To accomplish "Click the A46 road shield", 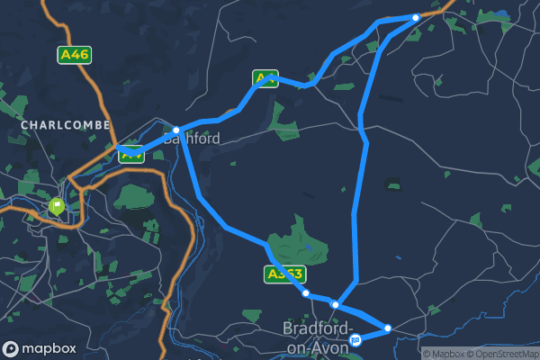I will pyautogui.click(x=74, y=55).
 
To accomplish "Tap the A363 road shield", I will pyautogui.click(x=285, y=274).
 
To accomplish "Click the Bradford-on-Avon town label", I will pyautogui.click(x=315, y=337).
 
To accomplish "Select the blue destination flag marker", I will pyautogui.click(x=357, y=339).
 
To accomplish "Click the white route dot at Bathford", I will pyautogui.click(x=176, y=130).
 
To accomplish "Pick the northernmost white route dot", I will pyautogui.click(x=416, y=18).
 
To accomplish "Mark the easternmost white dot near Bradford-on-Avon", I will pyautogui.click(x=389, y=328).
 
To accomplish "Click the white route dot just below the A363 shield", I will pyautogui.click(x=306, y=293).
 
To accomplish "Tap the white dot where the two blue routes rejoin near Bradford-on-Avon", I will pyautogui.click(x=335, y=305).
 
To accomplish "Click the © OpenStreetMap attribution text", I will pyautogui.click(x=502, y=354).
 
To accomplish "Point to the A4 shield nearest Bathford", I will pyautogui.click(x=131, y=155).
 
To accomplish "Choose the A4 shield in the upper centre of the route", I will pyautogui.click(x=265, y=79).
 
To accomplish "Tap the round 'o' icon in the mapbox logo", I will pyautogui.click(x=12, y=348).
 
